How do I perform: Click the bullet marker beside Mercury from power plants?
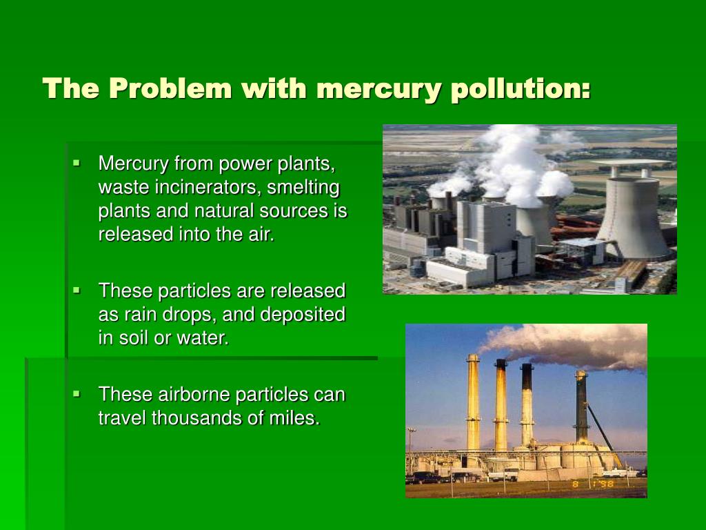[x=77, y=164]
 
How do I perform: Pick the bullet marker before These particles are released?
[x=77, y=291]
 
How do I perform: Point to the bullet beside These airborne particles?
[x=77, y=394]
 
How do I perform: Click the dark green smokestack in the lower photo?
[x=581, y=407]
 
